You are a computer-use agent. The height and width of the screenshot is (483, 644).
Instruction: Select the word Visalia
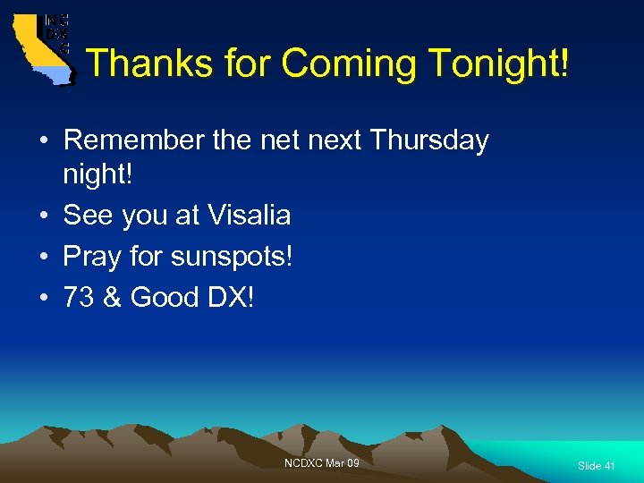[249, 215]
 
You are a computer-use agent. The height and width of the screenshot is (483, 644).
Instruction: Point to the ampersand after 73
[113, 297]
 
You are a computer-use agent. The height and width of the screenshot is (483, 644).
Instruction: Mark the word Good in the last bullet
[165, 297]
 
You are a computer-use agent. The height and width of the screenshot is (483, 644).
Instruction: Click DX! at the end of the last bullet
[231, 297]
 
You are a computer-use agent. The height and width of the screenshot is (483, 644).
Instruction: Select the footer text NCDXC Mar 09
[321, 462]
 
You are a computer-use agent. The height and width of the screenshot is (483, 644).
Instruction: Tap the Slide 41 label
[596, 466]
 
